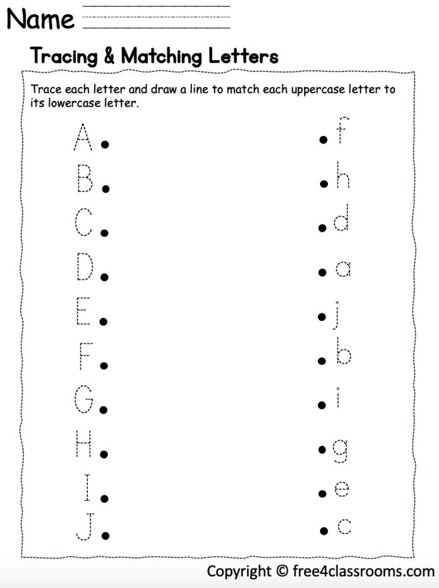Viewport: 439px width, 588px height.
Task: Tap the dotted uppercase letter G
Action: (x=84, y=400)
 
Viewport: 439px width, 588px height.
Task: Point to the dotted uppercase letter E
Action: (x=83, y=312)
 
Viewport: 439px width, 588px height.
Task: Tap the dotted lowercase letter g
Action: (x=340, y=449)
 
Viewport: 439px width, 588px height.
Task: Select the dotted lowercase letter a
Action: (x=342, y=269)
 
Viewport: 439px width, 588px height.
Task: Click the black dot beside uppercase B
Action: (x=106, y=188)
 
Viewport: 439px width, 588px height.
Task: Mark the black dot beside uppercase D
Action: (x=105, y=276)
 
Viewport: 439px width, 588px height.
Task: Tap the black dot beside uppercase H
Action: (x=105, y=454)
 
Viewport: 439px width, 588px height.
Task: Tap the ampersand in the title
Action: (x=109, y=56)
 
